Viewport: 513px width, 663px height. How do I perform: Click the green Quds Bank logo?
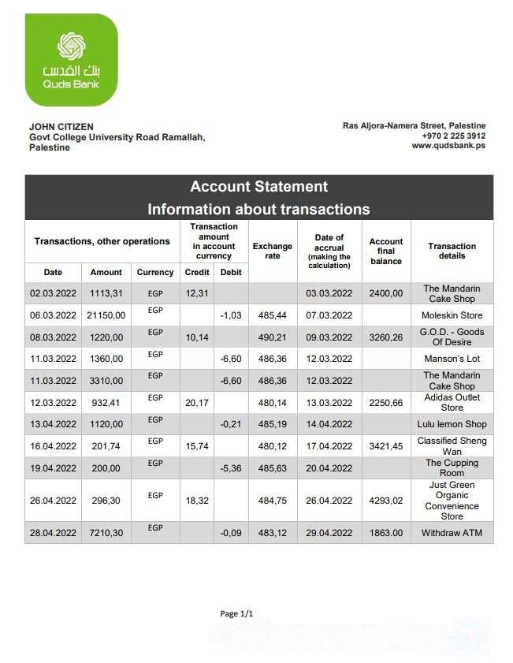click(x=71, y=60)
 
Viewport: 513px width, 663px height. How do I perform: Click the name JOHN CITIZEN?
click(x=61, y=126)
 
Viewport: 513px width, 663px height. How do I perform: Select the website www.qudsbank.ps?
click(x=448, y=146)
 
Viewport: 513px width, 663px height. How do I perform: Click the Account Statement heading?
click(x=258, y=187)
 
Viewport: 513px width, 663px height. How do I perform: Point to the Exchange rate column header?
click(x=273, y=251)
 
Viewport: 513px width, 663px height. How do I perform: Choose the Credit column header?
click(x=196, y=272)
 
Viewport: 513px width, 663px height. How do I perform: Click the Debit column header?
click(x=231, y=272)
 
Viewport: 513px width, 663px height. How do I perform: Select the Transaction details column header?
click(x=452, y=251)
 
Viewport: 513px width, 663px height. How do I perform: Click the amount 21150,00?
click(x=106, y=315)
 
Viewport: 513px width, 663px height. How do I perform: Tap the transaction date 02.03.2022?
click(x=53, y=293)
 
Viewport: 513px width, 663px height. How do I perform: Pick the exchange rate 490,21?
click(x=272, y=337)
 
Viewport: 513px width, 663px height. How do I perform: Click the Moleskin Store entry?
click(x=452, y=315)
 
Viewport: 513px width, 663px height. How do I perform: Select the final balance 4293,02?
click(x=385, y=501)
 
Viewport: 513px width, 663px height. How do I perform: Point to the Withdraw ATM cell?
click(x=452, y=533)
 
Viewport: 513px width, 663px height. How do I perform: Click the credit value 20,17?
click(x=196, y=403)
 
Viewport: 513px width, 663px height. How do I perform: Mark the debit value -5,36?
click(x=231, y=468)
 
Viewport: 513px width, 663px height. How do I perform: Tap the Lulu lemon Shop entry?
click(x=452, y=424)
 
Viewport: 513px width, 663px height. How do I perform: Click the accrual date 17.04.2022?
click(x=329, y=446)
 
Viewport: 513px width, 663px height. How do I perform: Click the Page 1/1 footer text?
click(x=236, y=613)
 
